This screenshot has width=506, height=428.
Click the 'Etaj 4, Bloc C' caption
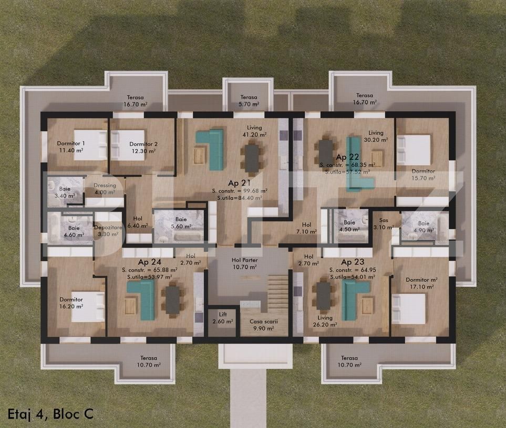(x=50, y=413)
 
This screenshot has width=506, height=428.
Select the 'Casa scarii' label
(x=263, y=325)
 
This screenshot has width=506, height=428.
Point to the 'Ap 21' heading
(x=239, y=183)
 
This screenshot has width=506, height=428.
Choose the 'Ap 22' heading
(x=347, y=157)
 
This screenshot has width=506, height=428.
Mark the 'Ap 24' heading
(x=150, y=262)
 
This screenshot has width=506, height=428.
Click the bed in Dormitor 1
(x=90, y=145)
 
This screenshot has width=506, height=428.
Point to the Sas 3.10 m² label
(x=383, y=224)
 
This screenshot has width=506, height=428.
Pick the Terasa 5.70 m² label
(x=249, y=101)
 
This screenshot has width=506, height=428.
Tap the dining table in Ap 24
(x=172, y=299)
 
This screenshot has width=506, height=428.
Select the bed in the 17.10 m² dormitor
(x=409, y=308)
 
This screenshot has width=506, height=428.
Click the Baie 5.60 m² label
(x=181, y=223)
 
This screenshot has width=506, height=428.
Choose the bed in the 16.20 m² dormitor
(x=88, y=306)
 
